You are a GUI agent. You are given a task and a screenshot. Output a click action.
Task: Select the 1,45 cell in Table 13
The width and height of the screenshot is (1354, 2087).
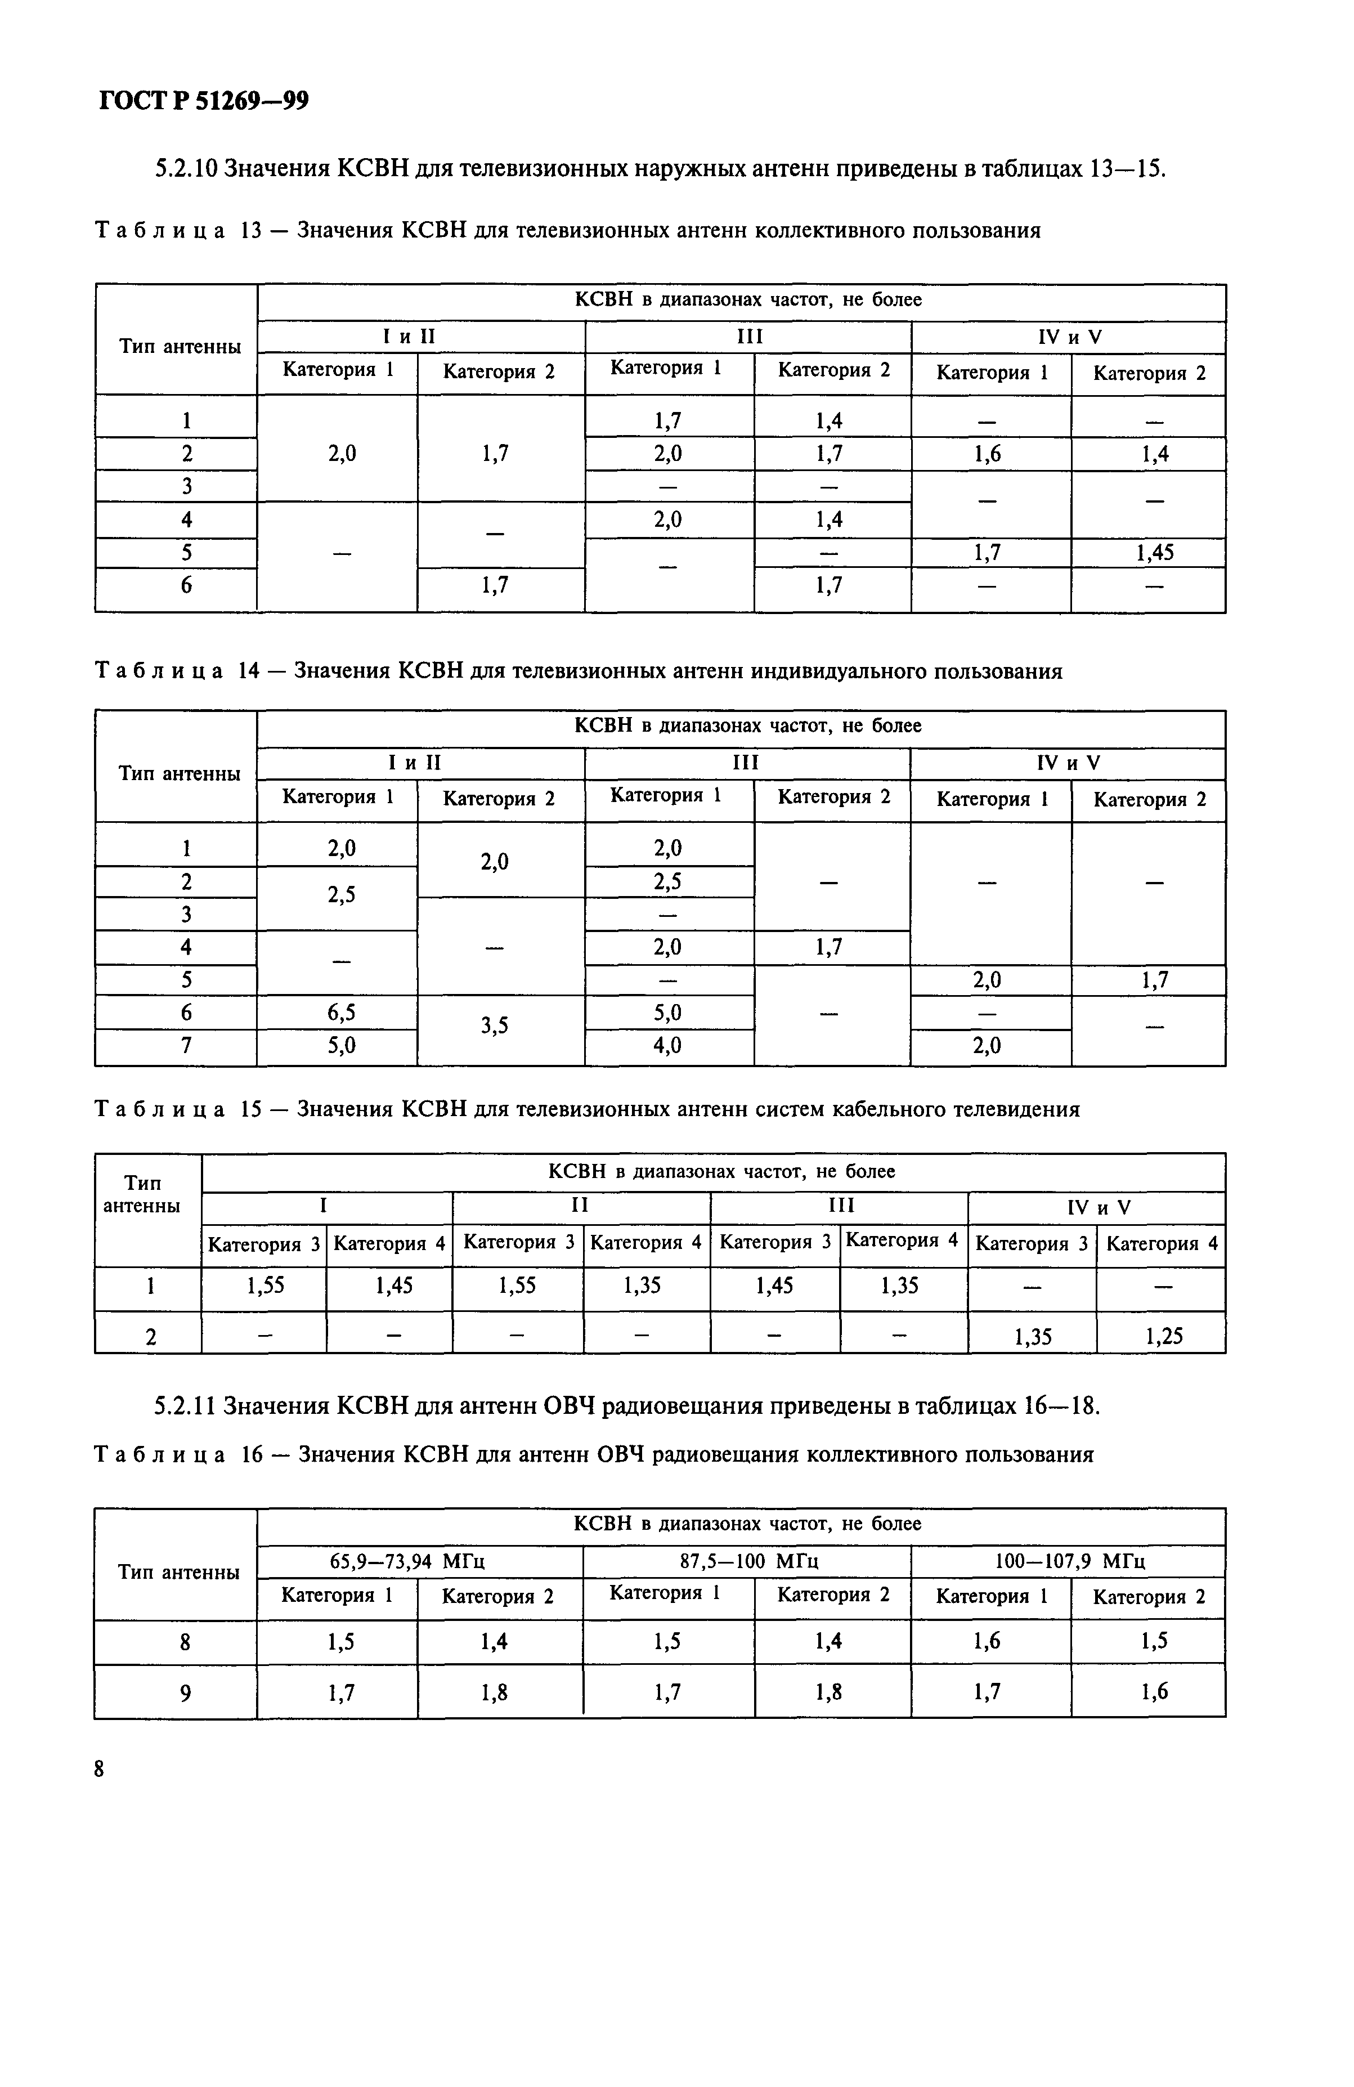[1154, 553]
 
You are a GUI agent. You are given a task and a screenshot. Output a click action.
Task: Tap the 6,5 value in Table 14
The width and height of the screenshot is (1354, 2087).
[341, 1013]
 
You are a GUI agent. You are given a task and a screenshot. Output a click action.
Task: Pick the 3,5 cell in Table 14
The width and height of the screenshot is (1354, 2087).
[495, 1025]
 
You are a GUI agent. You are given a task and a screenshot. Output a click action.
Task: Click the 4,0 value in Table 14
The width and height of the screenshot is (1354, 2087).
[667, 1045]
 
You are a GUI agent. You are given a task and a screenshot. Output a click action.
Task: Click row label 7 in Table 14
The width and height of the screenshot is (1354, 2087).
[186, 1045]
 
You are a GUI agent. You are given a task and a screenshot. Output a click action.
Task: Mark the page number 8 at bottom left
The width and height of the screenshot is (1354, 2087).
[99, 1768]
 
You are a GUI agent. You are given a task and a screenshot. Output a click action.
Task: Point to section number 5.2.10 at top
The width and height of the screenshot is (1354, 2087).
[185, 168]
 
